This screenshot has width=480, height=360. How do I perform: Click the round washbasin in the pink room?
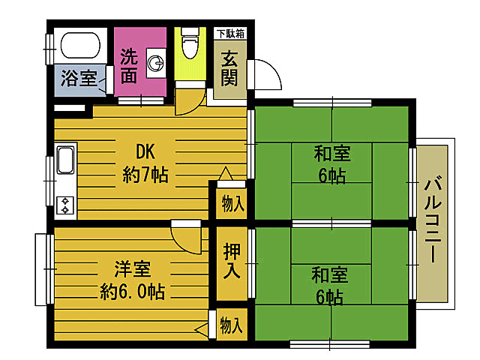156,64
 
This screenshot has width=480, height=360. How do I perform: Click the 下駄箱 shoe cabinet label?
230,33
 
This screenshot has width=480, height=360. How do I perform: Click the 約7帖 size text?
145,176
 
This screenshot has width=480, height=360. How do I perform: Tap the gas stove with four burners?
64,205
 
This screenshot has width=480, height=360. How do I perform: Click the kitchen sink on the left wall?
64,160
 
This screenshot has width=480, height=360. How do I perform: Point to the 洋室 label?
131,268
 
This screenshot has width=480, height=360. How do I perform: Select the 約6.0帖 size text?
131,289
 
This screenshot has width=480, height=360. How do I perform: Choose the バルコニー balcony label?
433,217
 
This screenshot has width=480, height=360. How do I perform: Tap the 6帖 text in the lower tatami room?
329,297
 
